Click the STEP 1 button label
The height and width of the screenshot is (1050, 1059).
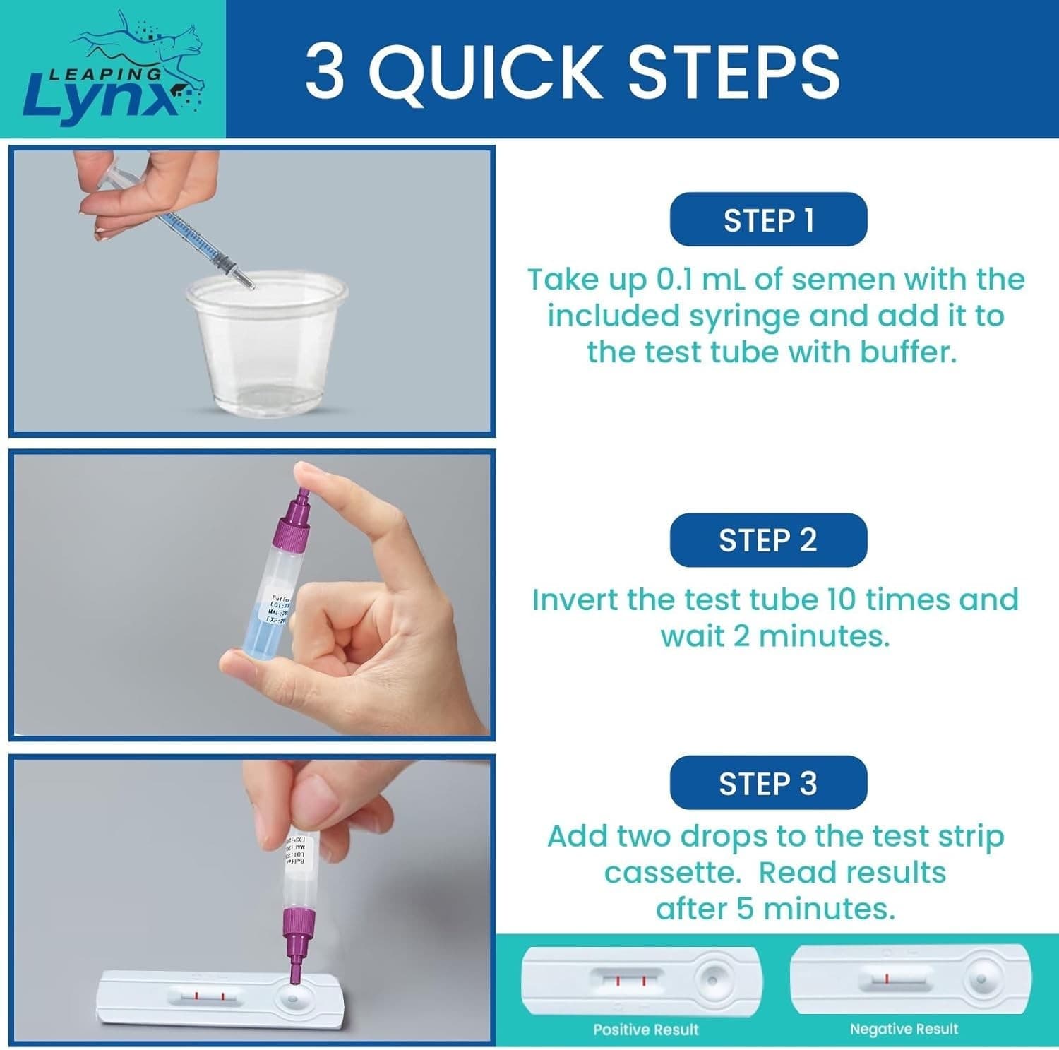click(768, 220)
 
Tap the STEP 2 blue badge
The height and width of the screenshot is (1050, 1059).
click(768, 540)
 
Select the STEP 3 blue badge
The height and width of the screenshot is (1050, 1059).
click(768, 783)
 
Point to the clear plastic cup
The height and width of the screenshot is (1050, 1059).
click(267, 339)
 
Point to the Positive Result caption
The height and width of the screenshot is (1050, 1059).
click(645, 1030)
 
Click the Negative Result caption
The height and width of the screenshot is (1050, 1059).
click(904, 1030)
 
